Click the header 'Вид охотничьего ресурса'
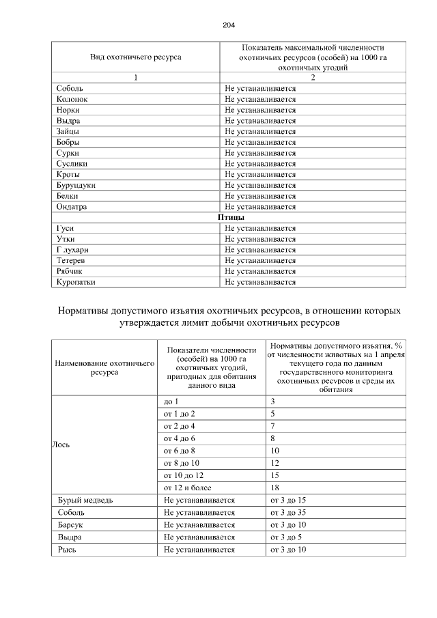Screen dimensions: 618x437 (136, 57)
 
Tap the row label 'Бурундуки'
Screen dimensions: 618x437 (76, 185)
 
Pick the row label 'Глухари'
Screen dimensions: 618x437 (73, 249)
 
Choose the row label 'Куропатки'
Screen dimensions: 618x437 (76, 281)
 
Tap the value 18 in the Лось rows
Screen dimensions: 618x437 (274, 488)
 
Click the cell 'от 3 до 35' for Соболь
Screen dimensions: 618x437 (288, 512)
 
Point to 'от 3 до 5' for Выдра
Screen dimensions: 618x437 (286, 537)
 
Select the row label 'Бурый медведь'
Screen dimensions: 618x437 (85, 500)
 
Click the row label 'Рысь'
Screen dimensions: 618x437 (67, 549)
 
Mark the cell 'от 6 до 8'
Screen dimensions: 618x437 (180, 451)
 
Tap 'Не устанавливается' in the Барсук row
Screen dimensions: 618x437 (199, 524)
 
